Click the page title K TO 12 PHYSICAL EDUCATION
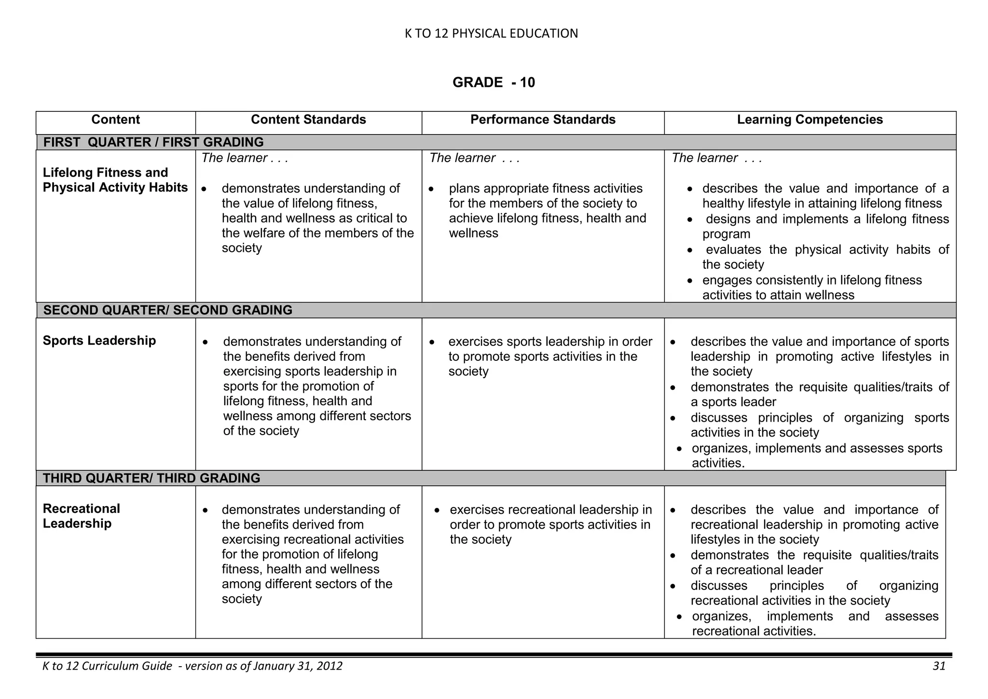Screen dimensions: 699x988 click(x=491, y=33)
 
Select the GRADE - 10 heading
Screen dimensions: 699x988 click(x=494, y=82)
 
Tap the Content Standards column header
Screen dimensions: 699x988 click(x=308, y=120)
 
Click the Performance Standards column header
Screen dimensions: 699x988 click(x=543, y=120)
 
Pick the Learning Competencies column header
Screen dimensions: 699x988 click(x=810, y=120)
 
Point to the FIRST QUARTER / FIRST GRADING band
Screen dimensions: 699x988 click(x=153, y=142)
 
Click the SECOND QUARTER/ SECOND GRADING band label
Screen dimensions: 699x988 click(x=167, y=310)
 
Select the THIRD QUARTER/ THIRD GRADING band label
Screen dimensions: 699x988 click(x=151, y=478)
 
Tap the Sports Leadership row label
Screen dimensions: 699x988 click(x=99, y=341)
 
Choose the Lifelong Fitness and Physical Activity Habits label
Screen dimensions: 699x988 click(x=115, y=180)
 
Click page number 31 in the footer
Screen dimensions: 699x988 click(x=939, y=666)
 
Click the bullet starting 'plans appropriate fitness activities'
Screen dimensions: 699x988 click(x=547, y=211)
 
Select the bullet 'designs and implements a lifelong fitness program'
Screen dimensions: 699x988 click(x=825, y=226)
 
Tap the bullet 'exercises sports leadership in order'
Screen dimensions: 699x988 click(x=549, y=356)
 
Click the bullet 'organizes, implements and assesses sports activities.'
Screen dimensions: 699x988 click(x=816, y=455)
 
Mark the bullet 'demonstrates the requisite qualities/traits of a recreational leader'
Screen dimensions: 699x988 click(x=814, y=562)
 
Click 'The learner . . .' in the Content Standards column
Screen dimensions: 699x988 click(x=245, y=158)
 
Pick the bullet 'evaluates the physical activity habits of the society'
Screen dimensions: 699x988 click(x=825, y=257)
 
